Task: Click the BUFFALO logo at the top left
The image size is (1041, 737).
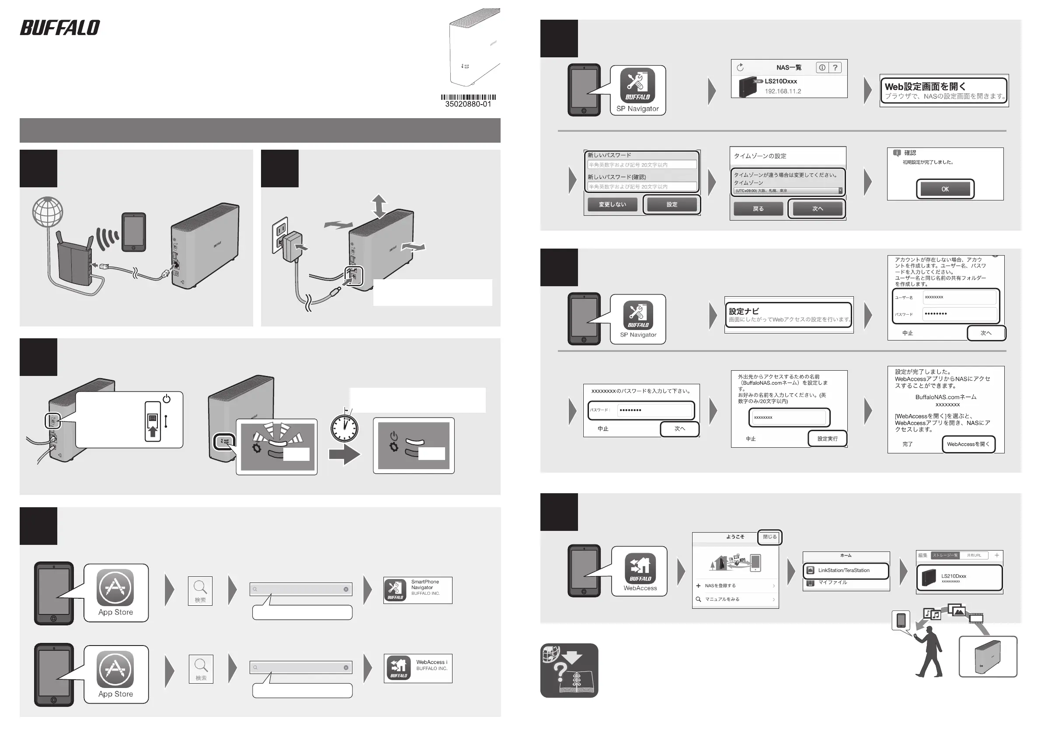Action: tap(60, 28)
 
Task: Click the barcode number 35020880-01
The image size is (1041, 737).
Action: tap(468, 104)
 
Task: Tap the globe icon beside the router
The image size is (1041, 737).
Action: tap(48, 212)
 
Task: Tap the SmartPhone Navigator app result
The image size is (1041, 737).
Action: tap(418, 590)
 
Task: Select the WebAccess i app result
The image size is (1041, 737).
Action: tap(418, 668)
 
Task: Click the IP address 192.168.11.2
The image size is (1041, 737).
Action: tap(783, 91)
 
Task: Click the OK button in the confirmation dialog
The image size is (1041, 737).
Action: tap(945, 189)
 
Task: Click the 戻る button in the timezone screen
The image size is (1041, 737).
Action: tap(758, 209)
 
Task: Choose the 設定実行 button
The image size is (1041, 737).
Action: tap(828, 439)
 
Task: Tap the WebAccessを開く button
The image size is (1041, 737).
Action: tap(968, 444)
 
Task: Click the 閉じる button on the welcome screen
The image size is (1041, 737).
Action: tap(769, 537)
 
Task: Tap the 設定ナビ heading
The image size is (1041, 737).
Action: tap(744, 311)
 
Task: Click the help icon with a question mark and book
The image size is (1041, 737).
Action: tap(569, 670)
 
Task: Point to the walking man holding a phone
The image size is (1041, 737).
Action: tap(929, 652)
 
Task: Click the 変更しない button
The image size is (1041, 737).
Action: tap(612, 204)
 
